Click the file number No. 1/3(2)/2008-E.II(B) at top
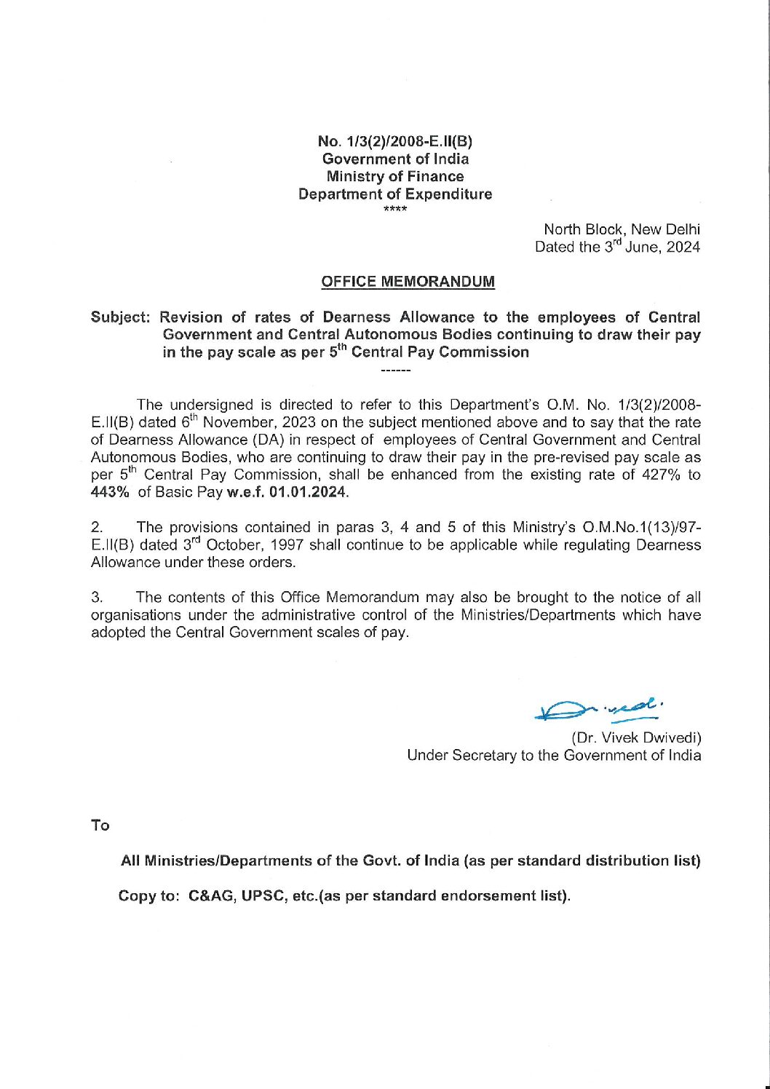395,141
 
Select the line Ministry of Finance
395,176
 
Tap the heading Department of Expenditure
395,194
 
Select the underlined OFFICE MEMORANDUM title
408,282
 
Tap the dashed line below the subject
396,372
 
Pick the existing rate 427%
661,475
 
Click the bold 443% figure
110,493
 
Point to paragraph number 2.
96,527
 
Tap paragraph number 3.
96,598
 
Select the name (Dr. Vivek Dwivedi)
636,737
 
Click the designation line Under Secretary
554,756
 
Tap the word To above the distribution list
100,825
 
